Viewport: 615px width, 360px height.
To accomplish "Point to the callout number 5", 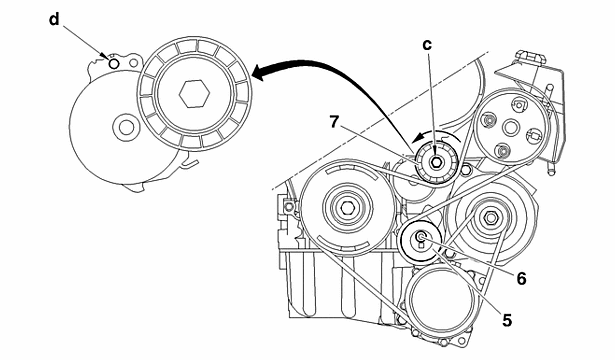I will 507,320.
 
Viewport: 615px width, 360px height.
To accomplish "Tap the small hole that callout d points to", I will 115,63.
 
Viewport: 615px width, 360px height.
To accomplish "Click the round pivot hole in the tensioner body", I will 124,127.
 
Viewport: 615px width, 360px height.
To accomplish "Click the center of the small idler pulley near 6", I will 421,238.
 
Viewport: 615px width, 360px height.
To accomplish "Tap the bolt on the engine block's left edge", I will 290,208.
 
